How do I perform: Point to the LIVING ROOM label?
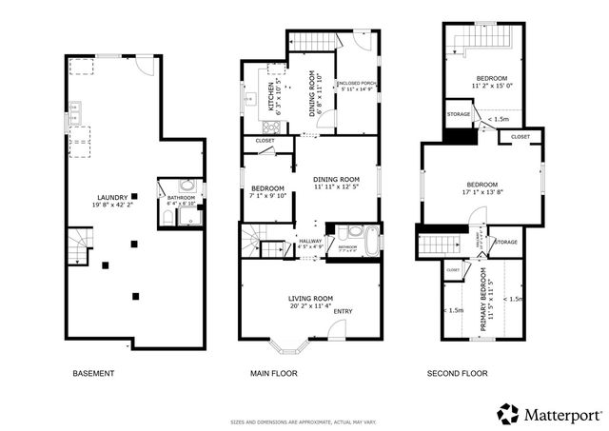tap(311, 300)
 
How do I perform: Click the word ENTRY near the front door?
tap(343, 311)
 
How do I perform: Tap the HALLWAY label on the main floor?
tap(310, 242)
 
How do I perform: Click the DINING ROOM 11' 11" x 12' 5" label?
tap(337, 180)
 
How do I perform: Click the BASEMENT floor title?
tap(93, 374)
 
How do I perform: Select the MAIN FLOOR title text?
tap(274, 374)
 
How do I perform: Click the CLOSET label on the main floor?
tap(265, 141)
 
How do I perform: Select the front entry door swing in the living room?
tap(336, 329)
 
